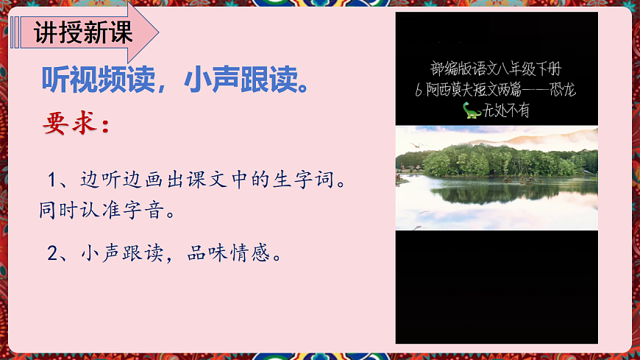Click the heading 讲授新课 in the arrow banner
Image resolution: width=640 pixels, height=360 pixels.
pos(83,33)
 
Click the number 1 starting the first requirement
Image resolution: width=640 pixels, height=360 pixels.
pos(52,180)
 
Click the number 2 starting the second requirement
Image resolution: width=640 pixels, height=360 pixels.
pos(52,254)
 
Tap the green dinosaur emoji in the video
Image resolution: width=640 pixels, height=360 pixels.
pos(472,110)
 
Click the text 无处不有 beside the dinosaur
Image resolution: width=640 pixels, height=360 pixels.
pos(507,111)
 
